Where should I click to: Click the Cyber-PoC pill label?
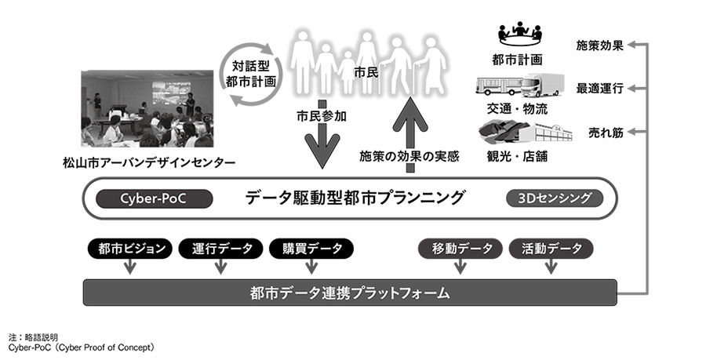coord(154,198)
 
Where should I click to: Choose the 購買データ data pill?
coord(312,249)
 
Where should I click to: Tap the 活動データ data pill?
coord(551,249)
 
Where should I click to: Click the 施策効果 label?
coord(600,45)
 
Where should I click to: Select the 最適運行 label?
coord(600,89)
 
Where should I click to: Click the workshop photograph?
coord(147,109)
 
